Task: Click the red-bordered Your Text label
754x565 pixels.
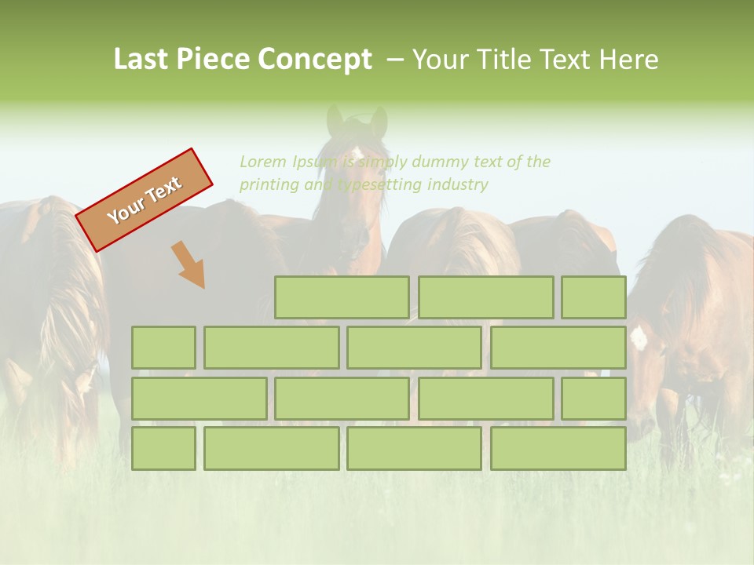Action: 145,200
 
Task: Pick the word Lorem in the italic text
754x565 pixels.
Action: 263,162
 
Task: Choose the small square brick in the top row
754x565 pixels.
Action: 594,297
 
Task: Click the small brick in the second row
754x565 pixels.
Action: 163,348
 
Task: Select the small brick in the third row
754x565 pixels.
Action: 594,399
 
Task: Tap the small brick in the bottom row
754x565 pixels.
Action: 163,449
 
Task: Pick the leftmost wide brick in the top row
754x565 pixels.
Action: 342,297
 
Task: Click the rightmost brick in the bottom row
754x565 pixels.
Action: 558,449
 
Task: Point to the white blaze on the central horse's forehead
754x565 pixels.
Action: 357,151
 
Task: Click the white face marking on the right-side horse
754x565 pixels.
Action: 639,337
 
